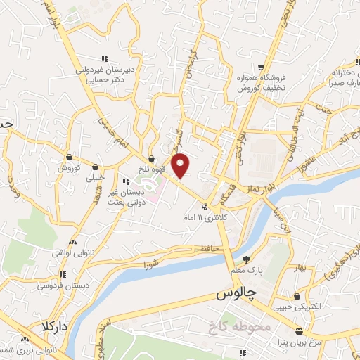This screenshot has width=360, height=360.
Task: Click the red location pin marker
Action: click(181, 165)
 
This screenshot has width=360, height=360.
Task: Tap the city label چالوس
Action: click(236, 292)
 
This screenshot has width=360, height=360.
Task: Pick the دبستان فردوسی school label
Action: click(67, 286)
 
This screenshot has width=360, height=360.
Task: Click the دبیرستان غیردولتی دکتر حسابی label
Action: click(105, 75)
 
